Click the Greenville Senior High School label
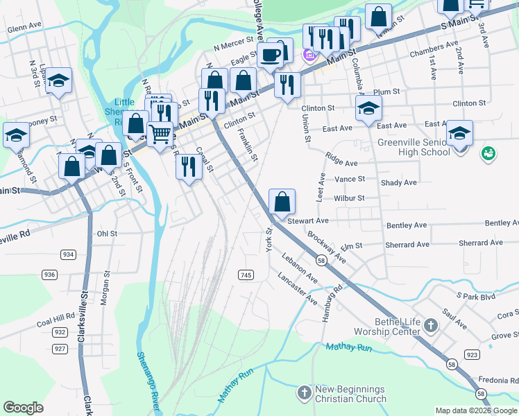[414, 147]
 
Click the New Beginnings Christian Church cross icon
[303, 394]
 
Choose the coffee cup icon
[270, 55]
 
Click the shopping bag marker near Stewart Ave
[282, 202]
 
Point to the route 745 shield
[246, 275]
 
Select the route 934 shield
[68, 254]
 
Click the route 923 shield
[472, 354]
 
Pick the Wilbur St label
[350, 198]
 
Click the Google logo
[24, 408]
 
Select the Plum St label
[386, 92]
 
